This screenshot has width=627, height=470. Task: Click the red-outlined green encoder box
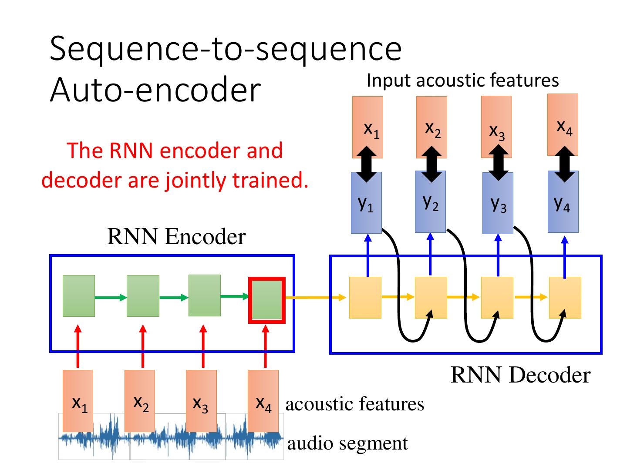click(266, 300)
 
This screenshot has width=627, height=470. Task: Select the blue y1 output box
click(366, 203)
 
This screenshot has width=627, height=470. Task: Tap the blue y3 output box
click(498, 203)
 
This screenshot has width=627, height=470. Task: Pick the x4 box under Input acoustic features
click(563, 125)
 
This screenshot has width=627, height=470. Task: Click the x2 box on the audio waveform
click(140, 401)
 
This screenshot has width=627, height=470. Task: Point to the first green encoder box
click(79, 296)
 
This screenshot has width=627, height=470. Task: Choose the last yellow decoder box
click(565, 297)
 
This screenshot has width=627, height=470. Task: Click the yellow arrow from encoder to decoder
click(316, 298)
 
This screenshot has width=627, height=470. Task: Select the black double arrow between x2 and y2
click(431, 164)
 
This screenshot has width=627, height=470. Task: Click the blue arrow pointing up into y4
click(564, 257)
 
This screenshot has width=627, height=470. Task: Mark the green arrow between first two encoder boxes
click(111, 298)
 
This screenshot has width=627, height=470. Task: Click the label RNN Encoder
click(176, 237)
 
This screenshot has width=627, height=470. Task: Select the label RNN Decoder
click(520, 375)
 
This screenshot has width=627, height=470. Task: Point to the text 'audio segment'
click(347, 444)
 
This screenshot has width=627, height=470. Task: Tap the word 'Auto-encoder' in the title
click(155, 89)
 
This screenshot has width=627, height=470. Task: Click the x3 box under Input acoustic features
click(496, 127)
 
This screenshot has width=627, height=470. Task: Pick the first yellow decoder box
click(365, 297)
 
